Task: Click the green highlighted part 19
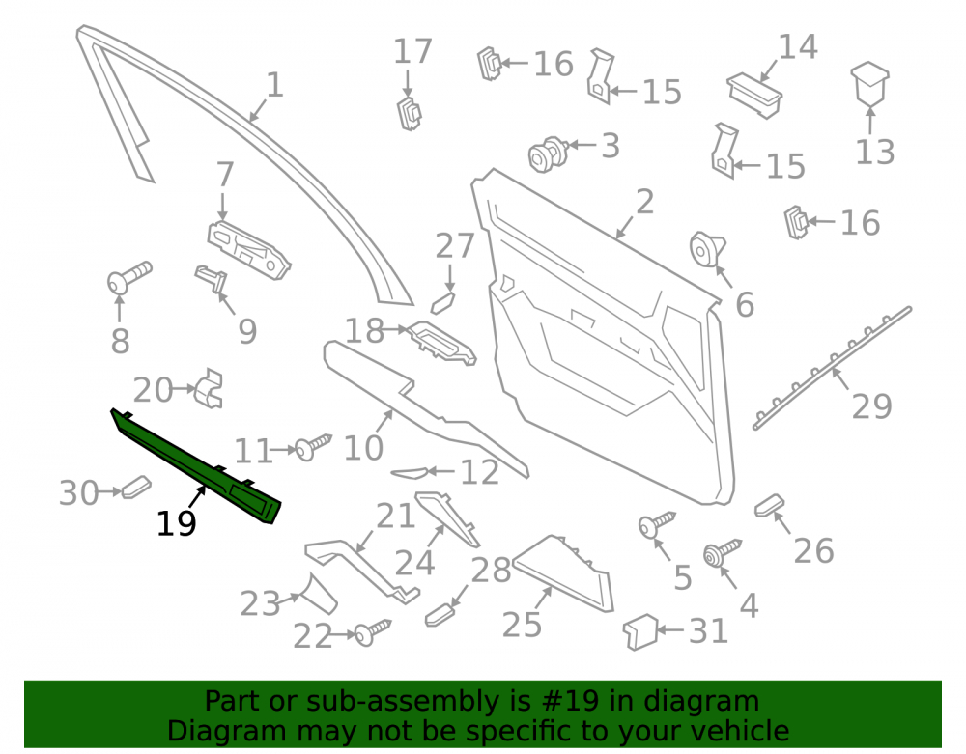tap(196, 466)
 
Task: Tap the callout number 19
tap(177, 524)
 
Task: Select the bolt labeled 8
tap(129, 277)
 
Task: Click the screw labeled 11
tap(314, 446)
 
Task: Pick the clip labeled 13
tap(870, 84)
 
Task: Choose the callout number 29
tap(871, 406)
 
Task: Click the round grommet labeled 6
tap(707, 249)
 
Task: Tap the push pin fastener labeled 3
tap(549, 154)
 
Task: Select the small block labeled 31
tap(640, 632)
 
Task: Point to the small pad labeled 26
tap(770, 505)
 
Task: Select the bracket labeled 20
tap(209, 388)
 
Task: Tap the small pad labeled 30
tap(136, 487)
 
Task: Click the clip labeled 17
tap(409, 113)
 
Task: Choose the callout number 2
tap(644, 202)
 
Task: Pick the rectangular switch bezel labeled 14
tap(754, 96)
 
